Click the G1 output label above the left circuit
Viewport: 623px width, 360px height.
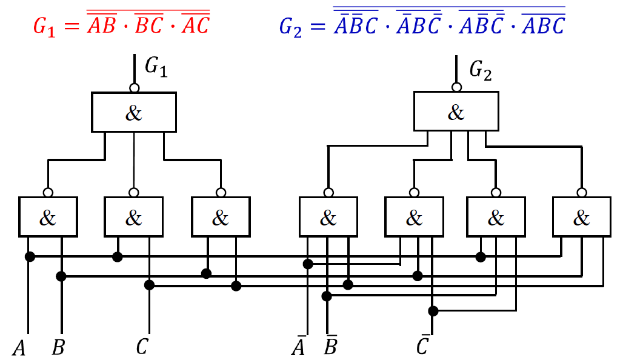(x=156, y=68)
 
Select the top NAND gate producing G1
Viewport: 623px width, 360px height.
(x=134, y=113)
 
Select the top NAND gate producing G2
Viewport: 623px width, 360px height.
(x=456, y=112)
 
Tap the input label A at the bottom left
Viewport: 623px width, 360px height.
(x=20, y=348)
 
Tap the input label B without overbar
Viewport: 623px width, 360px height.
(x=59, y=348)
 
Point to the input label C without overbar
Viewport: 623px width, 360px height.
(x=142, y=347)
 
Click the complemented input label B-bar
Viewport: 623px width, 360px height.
(x=331, y=347)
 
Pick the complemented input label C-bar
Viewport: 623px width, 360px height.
(x=424, y=347)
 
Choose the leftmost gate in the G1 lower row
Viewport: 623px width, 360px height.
(x=48, y=216)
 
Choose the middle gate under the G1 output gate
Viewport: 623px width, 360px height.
(x=134, y=216)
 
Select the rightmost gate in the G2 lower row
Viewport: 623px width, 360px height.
(x=581, y=216)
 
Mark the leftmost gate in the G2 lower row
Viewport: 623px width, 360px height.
(x=328, y=216)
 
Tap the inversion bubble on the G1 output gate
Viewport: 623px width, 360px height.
(x=134, y=88)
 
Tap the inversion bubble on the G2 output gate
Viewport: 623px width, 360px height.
(x=456, y=88)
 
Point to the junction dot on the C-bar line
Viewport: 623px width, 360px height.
(x=433, y=311)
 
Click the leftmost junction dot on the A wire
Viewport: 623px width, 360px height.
(x=29, y=257)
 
